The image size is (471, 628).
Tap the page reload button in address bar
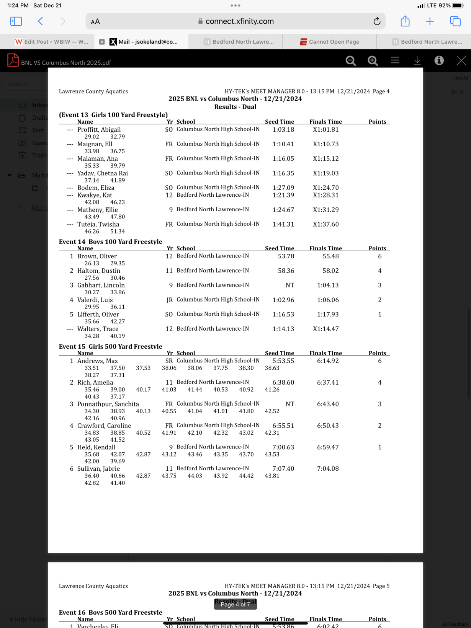tap(377, 21)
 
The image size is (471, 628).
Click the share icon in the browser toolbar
tap(405, 21)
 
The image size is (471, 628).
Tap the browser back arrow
tap(41, 21)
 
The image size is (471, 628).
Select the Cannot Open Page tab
tap(330, 42)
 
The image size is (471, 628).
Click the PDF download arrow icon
tap(417, 60)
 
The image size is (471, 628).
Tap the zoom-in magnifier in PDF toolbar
tap(373, 60)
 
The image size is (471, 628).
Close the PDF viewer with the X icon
tap(461, 60)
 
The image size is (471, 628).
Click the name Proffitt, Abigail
tap(99, 130)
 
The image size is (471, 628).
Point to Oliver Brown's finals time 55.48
tap(330, 256)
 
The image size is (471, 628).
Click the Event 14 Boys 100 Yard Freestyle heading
tap(111, 242)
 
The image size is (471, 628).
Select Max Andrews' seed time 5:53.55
tap(283, 361)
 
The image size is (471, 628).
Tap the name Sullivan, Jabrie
tap(98, 469)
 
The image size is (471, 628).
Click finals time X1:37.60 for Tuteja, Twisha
tap(325, 224)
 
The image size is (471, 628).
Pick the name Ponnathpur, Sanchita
tap(108, 404)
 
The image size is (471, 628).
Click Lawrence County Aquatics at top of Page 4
tap(93, 91)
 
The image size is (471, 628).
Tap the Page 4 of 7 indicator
tap(235, 604)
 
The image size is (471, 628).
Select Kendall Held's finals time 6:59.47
tap(328, 447)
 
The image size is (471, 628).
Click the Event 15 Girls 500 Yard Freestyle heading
tap(111, 347)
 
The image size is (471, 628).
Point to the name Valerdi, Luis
tap(95, 300)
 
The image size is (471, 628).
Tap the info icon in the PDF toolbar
tap(439, 60)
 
